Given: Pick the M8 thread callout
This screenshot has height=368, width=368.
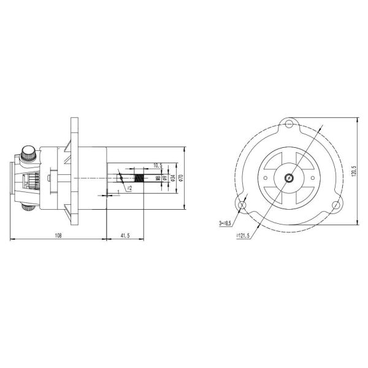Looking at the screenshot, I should click(x=158, y=178).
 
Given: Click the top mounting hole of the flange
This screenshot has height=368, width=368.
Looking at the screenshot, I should click(x=288, y=126).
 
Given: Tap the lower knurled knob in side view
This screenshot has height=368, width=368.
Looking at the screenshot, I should click(x=28, y=209).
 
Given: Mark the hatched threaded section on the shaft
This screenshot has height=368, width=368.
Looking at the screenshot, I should click(x=139, y=178).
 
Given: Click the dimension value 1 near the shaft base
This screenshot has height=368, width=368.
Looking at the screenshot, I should click(x=117, y=193).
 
